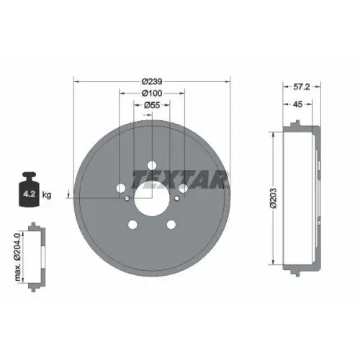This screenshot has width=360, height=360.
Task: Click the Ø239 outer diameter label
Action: click(x=151, y=81)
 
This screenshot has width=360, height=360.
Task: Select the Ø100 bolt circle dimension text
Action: click(x=151, y=93)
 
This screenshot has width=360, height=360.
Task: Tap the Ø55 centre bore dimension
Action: click(x=151, y=105)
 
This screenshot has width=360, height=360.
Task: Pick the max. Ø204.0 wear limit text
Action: click(x=17, y=256)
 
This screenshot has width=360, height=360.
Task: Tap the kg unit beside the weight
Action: click(x=48, y=194)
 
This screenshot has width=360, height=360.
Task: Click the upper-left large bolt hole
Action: click(x=120, y=189)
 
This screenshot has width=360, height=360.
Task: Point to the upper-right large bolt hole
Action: click(x=184, y=189)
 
